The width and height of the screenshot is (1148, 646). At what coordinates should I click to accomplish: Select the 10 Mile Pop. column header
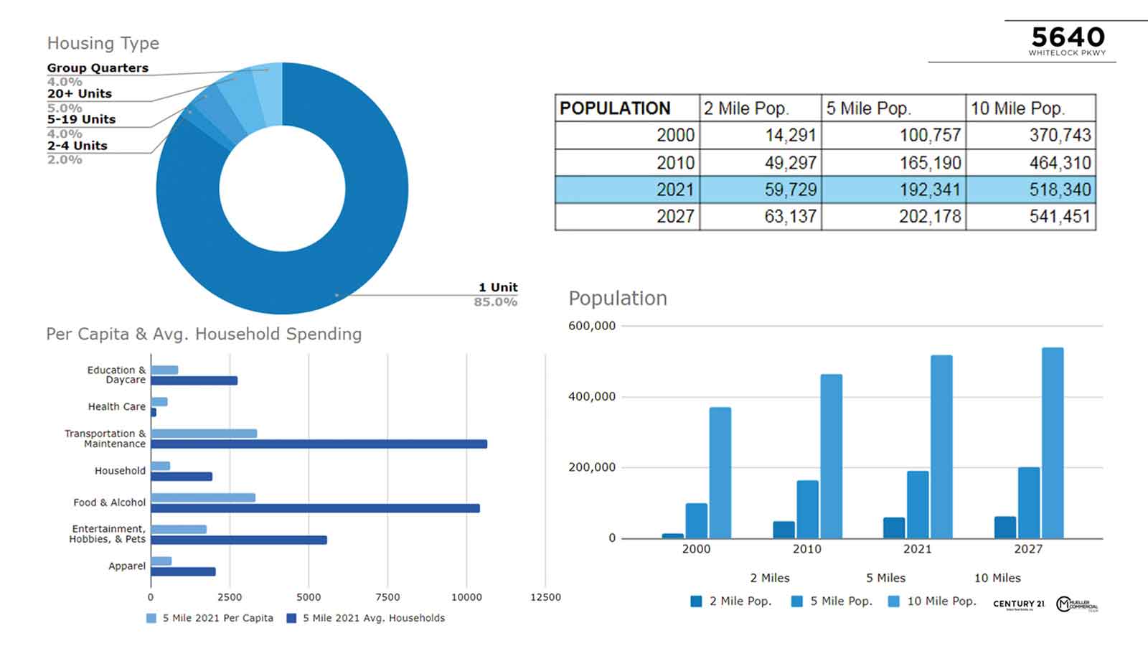(x=1017, y=108)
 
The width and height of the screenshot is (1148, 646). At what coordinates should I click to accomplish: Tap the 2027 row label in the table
(x=675, y=216)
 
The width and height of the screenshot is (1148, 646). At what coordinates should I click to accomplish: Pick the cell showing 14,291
(x=791, y=135)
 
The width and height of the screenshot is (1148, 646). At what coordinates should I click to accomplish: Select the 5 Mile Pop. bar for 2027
(x=1028, y=502)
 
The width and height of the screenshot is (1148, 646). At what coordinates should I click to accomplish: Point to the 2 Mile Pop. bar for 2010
(x=784, y=530)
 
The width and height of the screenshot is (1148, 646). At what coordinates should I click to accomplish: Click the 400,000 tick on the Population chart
(x=592, y=396)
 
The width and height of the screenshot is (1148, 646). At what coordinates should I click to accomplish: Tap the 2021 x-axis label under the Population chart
(x=917, y=549)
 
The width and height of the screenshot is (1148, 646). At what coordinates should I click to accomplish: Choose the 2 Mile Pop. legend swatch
(x=696, y=601)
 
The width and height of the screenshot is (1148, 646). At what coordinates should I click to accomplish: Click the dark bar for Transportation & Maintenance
(x=319, y=444)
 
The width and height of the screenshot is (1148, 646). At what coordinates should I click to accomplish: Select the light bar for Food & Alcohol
(x=203, y=497)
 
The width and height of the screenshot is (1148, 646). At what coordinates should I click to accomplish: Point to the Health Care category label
(x=116, y=406)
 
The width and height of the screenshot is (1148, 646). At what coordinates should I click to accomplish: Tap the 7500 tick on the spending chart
(x=387, y=597)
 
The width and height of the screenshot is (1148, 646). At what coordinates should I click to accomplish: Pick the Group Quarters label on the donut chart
(x=98, y=68)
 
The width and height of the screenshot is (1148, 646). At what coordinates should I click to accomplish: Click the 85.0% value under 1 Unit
(x=495, y=302)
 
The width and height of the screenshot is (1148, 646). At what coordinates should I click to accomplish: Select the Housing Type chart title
(x=103, y=43)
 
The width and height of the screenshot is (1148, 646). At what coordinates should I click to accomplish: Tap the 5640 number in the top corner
(x=1068, y=37)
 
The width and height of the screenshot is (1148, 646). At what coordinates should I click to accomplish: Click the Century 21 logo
(x=1018, y=604)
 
